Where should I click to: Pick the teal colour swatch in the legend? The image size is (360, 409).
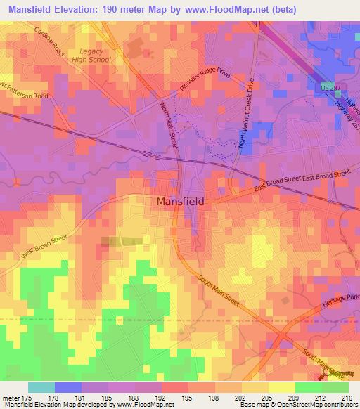point(41,387)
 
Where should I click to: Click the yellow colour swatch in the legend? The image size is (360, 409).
point(282,387)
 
